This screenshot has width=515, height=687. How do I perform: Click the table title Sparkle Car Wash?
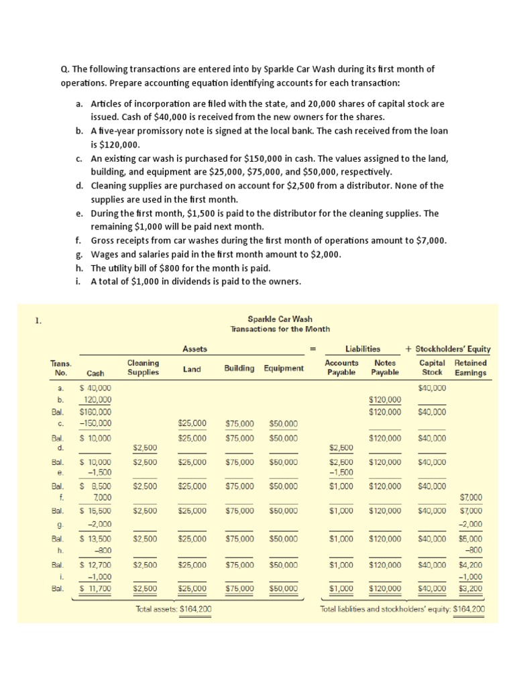click(280, 319)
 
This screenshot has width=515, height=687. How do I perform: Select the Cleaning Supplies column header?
click(143, 368)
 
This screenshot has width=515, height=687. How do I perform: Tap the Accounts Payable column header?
click(341, 368)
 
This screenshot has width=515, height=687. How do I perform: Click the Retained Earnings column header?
click(471, 368)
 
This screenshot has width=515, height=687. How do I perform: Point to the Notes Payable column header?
click(385, 368)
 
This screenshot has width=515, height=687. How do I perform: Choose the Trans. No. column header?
click(61, 368)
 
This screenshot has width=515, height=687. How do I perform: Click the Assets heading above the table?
click(195, 349)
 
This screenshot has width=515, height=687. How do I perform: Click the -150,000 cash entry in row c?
click(95, 423)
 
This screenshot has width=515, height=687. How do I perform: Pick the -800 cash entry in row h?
click(101, 550)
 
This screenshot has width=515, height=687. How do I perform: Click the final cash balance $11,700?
click(95, 589)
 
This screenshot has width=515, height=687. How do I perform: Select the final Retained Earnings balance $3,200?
click(471, 589)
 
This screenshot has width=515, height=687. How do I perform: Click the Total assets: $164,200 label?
click(174, 609)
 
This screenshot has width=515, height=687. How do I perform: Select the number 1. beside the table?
click(38, 321)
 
